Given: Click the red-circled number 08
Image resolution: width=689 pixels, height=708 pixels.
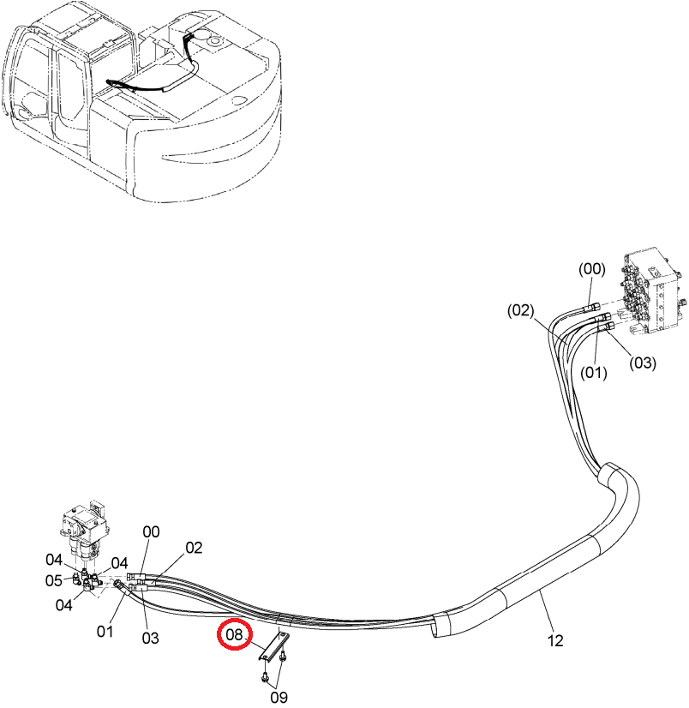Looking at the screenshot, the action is pyautogui.click(x=234, y=634).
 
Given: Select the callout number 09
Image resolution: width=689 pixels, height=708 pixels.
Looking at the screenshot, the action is pyautogui.click(x=279, y=697).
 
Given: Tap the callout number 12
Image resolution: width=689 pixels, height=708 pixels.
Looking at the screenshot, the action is pyautogui.click(x=555, y=640).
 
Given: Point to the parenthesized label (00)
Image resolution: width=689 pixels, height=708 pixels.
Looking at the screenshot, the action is pyautogui.click(x=591, y=268).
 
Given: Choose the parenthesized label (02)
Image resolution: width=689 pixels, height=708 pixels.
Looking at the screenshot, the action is pyautogui.click(x=520, y=310).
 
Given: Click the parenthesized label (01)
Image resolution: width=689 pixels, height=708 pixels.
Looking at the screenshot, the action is pyautogui.click(x=593, y=373).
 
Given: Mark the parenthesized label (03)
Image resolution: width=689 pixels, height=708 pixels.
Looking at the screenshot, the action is pyautogui.click(x=643, y=363).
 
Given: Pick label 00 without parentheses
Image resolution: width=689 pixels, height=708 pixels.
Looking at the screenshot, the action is pyautogui.click(x=151, y=532).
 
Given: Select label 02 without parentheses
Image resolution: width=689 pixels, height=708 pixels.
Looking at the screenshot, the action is pyautogui.click(x=194, y=548).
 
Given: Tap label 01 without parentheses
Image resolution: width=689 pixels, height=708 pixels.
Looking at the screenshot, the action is pyautogui.click(x=105, y=631).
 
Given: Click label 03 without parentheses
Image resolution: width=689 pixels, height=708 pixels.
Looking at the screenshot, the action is pyautogui.click(x=150, y=638).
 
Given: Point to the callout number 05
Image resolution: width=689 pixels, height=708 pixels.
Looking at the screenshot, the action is pyautogui.click(x=54, y=580).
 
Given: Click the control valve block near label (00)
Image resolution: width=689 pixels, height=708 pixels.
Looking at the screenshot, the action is pyautogui.click(x=654, y=293).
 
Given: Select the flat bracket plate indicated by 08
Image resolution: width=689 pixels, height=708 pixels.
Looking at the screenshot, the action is pyautogui.click(x=274, y=646).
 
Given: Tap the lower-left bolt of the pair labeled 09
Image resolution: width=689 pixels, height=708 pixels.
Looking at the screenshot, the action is pyautogui.click(x=265, y=675).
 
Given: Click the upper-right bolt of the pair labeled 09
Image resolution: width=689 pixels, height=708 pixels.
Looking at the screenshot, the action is pyautogui.click(x=282, y=657).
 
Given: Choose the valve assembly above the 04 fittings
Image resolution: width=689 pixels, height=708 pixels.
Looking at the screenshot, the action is pyautogui.click(x=86, y=531).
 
